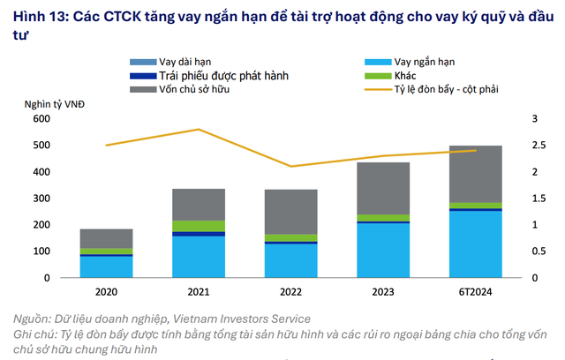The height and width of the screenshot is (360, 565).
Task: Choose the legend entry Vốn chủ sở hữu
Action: [x=193, y=90]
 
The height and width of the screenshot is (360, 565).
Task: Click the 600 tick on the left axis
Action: [x=41, y=118]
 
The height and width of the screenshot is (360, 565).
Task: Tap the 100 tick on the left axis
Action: [x=41, y=251]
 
